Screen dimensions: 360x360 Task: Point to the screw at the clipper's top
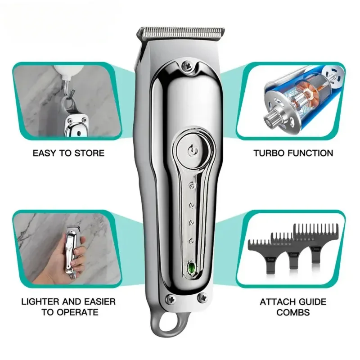(x=185, y=66)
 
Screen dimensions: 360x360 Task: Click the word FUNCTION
(x=311, y=153)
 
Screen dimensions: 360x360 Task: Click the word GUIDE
(x=312, y=301)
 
